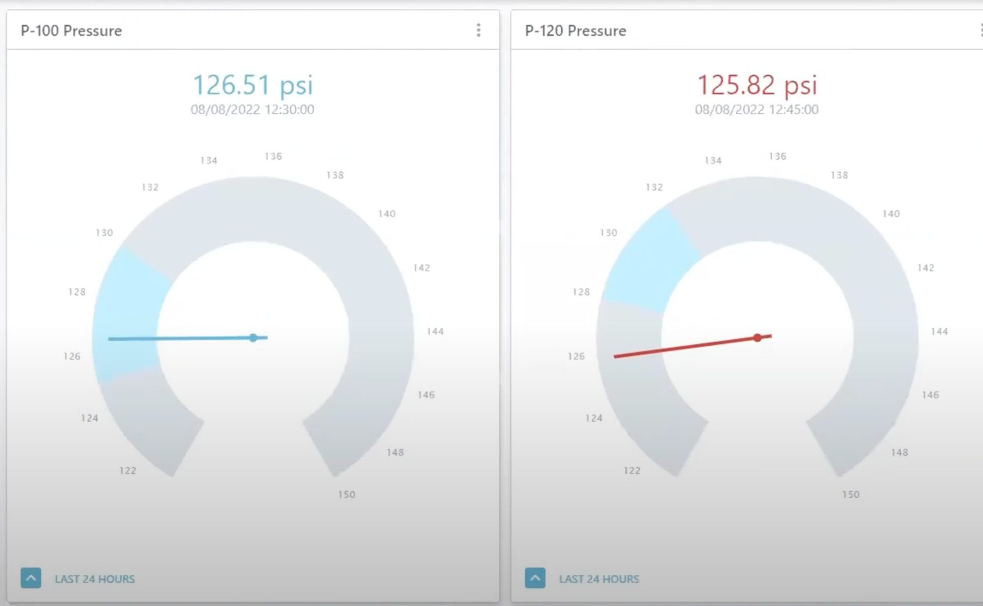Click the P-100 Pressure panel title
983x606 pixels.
click(x=71, y=31)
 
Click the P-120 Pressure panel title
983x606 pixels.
click(x=575, y=31)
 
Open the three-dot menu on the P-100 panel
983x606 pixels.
click(x=478, y=30)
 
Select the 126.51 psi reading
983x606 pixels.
click(x=252, y=85)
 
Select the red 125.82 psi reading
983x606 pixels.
click(x=757, y=85)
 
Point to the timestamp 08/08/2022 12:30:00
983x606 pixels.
click(x=252, y=110)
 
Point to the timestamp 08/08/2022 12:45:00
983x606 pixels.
click(x=757, y=110)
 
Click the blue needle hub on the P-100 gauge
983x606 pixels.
click(x=253, y=338)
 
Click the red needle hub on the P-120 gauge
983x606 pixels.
click(x=758, y=338)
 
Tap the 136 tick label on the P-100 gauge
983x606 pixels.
click(x=273, y=156)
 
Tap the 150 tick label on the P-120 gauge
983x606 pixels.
click(x=850, y=494)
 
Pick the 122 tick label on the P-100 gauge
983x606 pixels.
click(x=127, y=470)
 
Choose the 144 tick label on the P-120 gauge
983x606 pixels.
click(x=939, y=331)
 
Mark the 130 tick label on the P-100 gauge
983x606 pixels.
click(x=104, y=233)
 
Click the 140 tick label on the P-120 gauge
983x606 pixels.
click(x=891, y=214)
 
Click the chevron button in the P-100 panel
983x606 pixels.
click(x=31, y=578)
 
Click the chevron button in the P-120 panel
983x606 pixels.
click(x=535, y=578)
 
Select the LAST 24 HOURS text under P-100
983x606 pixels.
click(x=95, y=579)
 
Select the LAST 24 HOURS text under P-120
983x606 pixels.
click(x=599, y=579)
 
